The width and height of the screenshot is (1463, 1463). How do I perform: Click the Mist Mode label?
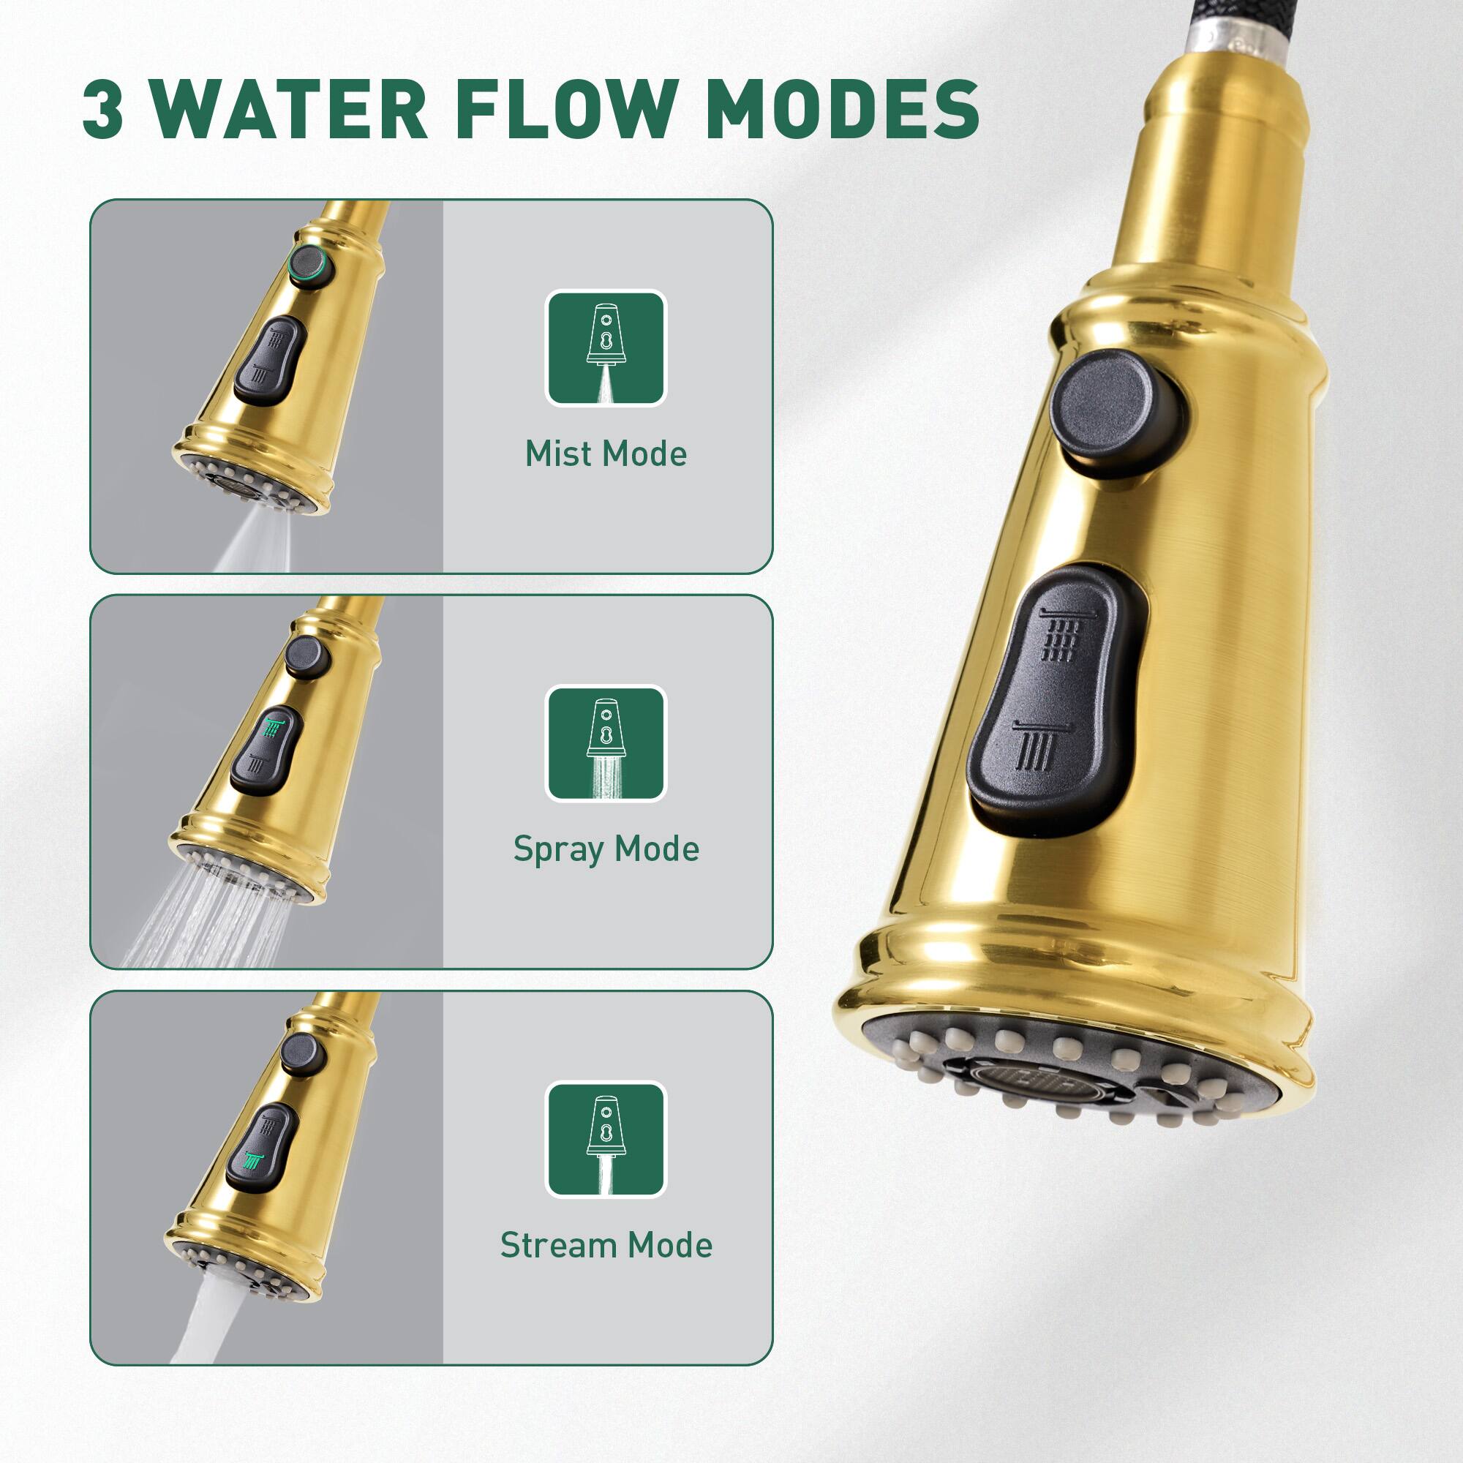tap(606, 454)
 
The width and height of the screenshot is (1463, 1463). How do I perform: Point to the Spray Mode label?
tap(606, 849)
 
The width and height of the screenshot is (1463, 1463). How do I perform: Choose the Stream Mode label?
tap(606, 1245)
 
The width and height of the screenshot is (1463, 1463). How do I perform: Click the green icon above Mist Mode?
tap(606, 347)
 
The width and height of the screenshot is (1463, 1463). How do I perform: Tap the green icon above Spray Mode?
tap(606, 743)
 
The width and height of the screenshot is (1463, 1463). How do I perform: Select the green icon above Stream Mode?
tap(606, 1139)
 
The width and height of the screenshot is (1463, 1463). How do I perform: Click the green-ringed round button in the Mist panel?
tap(310, 263)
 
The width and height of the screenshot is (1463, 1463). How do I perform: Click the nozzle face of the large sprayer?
tap(1060, 1075)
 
